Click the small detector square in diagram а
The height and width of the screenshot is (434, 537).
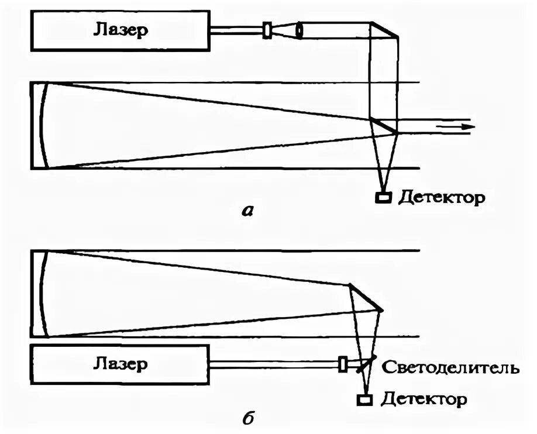pos(384,198)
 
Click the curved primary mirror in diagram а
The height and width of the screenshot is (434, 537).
pos(42,126)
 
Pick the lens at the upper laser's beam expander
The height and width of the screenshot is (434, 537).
pos(300,30)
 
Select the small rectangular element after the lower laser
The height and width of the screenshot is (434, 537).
pos(343,364)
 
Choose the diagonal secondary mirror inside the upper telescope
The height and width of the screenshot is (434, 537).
pos(384,126)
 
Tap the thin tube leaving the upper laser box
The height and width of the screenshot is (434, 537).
pos(237,30)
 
